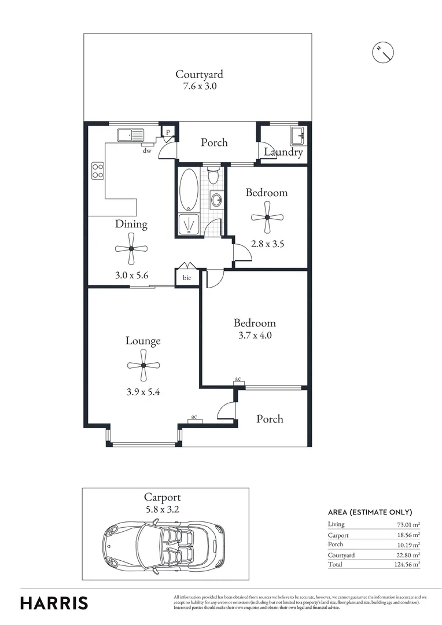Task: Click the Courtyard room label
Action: [x=199, y=74]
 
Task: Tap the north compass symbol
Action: [x=383, y=52]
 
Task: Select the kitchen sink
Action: [x=130, y=135]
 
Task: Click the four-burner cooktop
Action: [x=98, y=171]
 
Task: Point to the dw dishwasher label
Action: [x=147, y=150]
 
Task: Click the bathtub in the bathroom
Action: [x=189, y=189]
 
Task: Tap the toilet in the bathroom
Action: [x=214, y=175]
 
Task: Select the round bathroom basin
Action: [x=216, y=200]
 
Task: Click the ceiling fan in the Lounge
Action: [x=143, y=365]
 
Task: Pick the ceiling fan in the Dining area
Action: [x=131, y=249]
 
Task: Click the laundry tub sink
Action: [x=298, y=136]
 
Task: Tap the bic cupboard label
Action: [x=187, y=278]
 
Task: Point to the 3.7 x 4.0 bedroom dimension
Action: [x=255, y=335]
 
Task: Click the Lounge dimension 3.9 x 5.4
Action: [x=143, y=392]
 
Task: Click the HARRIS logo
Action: [x=54, y=603]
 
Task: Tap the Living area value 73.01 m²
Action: [x=407, y=524]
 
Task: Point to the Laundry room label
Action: [x=283, y=152]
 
